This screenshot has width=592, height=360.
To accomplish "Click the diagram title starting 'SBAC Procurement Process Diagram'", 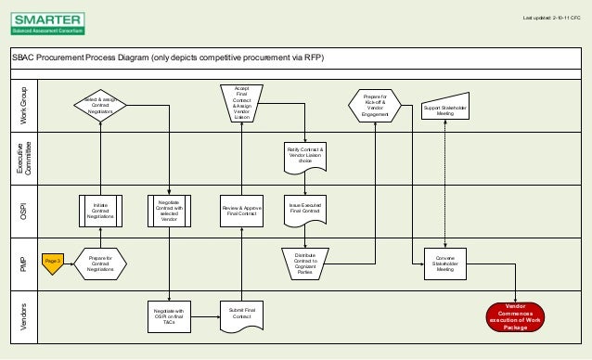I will pyautogui.click(x=168, y=58).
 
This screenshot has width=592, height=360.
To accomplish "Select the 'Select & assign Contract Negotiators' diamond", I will pyautogui.click(x=100, y=107).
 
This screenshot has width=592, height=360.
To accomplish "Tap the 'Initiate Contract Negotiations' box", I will pyautogui.click(x=100, y=211).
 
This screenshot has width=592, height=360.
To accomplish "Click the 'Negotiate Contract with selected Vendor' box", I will pyautogui.click(x=169, y=211).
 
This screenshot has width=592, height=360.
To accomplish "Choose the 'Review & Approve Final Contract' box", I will pyautogui.click(x=241, y=211).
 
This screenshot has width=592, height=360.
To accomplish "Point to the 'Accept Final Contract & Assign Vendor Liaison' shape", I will pyautogui.click(x=241, y=104).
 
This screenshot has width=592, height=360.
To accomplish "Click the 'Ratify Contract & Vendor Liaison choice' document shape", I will pyautogui.click(x=305, y=154).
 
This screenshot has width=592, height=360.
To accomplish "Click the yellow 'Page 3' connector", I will pyautogui.click(x=53, y=263).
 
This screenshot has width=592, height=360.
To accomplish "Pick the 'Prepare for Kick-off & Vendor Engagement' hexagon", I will pyautogui.click(x=375, y=106).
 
